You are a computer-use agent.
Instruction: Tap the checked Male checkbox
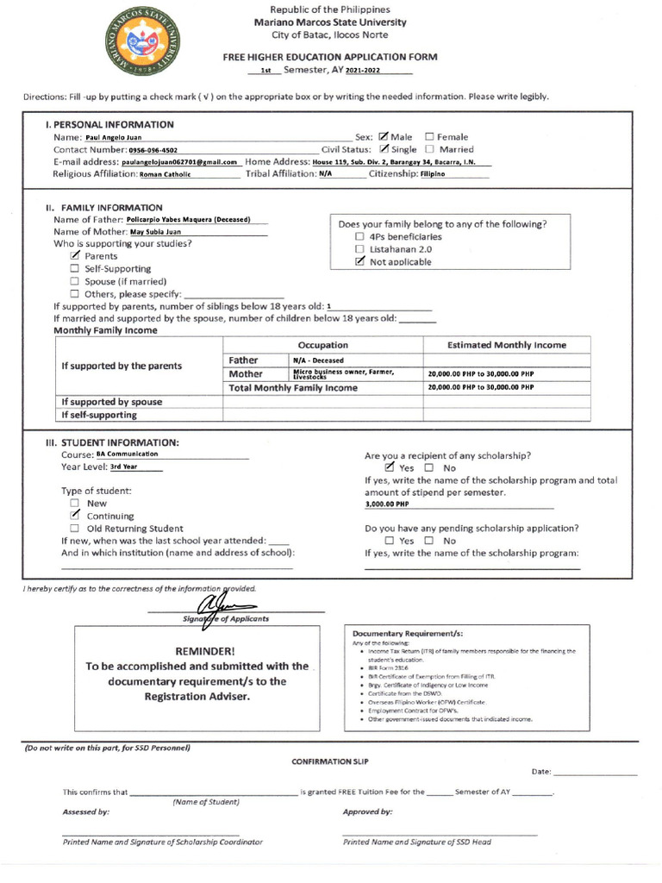click(383, 136)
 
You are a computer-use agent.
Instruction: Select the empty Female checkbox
click(429, 136)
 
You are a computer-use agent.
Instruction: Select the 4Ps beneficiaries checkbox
click(360, 236)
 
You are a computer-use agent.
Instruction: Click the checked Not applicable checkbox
click(360, 262)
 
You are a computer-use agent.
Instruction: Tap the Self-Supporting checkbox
click(75, 269)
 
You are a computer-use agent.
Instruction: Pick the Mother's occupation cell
click(344, 374)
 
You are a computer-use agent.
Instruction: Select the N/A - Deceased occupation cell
click(318, 360)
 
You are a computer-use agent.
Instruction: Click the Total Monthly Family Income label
click(292, 388)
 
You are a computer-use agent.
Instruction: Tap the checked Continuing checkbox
click(75, 516)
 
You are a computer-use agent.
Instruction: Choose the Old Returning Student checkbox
click(75, 529)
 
